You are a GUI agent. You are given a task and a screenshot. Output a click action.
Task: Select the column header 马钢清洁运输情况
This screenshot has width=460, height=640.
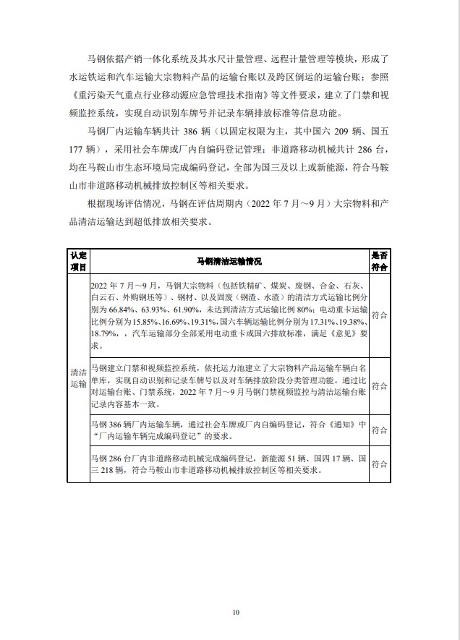229,260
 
